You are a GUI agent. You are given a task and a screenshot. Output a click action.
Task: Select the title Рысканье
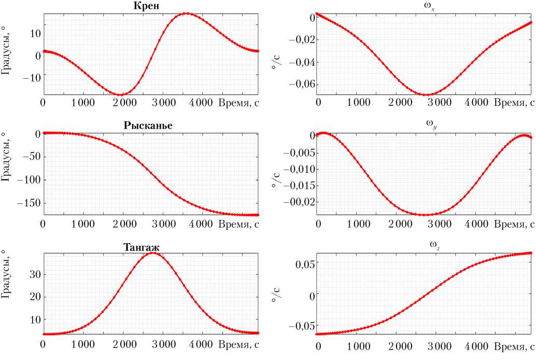pos(148,126)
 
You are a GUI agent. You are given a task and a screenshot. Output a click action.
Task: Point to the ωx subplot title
pos(424,6)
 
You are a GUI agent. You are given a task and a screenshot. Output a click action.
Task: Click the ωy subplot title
pos(424,126)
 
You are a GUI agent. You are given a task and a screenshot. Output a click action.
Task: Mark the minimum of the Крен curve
pos(121,95)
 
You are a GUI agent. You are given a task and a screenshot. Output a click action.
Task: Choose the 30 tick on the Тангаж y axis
pos(34,274)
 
